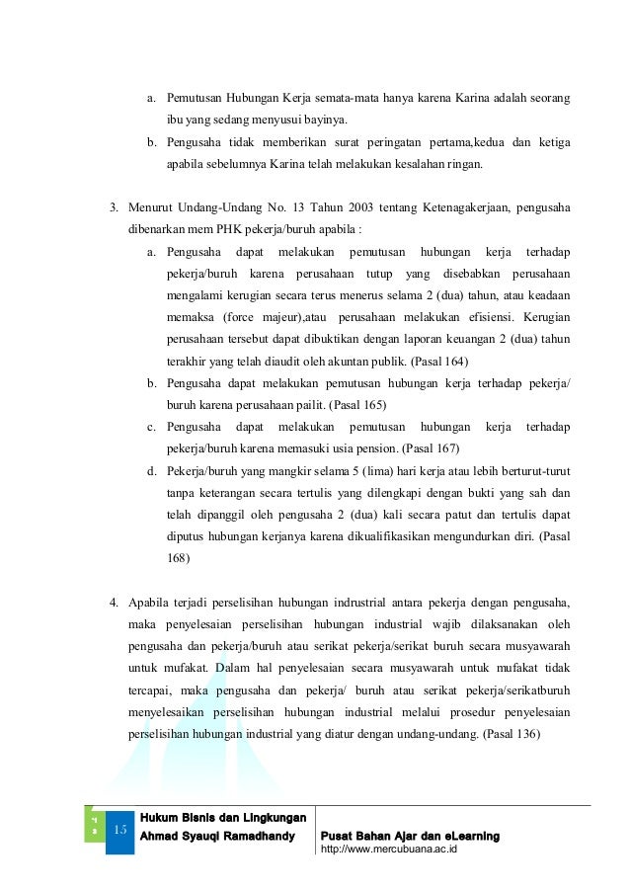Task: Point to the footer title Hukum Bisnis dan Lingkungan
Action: tap(222, 817)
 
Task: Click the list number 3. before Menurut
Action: tap(114, 208)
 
